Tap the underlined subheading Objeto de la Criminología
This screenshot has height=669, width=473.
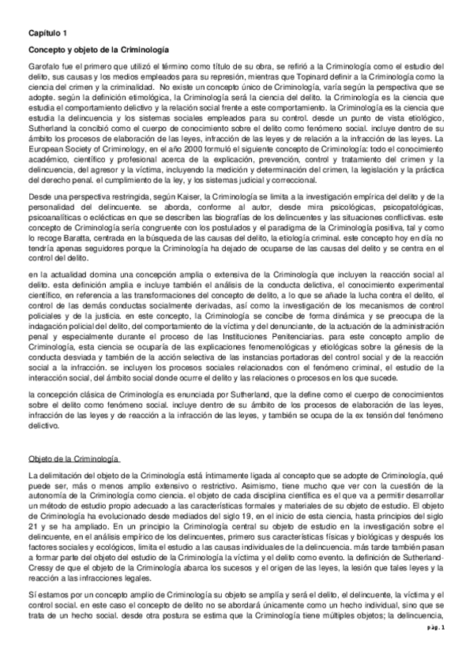pyautogui.click(x=73, y=458)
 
